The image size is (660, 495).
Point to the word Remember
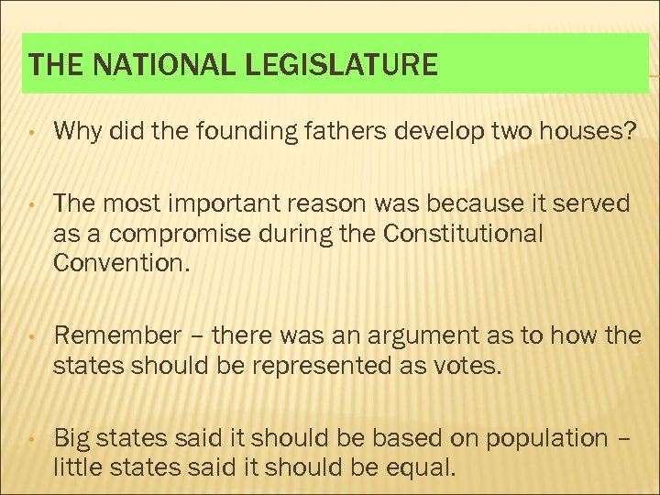[118, 335]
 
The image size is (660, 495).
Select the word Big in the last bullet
[72, 438]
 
